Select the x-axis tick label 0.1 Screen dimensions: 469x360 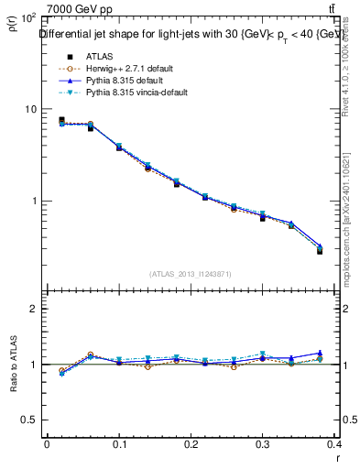(118, 443)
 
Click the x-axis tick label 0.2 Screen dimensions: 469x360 (191, 443)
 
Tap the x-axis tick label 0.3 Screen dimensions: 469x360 (263, 443)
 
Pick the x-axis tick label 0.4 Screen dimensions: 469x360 (334, 443)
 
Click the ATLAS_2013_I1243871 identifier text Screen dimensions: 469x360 (191, 274)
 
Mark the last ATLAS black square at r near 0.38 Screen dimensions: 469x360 (320, 250)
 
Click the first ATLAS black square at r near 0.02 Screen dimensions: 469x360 (61, 120)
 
